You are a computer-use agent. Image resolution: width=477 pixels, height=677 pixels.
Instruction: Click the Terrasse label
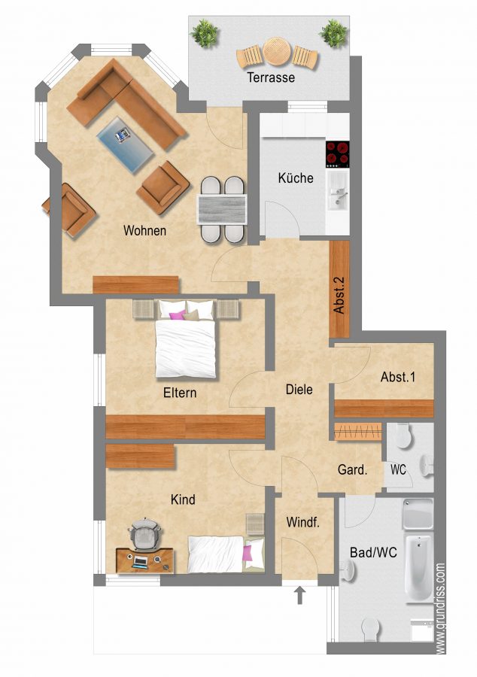pos(271,77)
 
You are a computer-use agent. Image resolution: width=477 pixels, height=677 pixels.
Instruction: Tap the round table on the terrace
pos(276,50)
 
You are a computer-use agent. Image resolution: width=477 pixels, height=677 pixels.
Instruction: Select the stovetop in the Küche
pos(337,154)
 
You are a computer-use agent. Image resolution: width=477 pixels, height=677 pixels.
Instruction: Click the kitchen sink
pos(337,190)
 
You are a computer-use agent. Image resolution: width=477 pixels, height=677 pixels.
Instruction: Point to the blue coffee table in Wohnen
pos(125,144)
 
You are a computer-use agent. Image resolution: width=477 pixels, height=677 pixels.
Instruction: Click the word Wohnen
pos(144,230)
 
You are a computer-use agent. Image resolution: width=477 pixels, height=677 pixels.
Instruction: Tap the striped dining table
pos(222,209)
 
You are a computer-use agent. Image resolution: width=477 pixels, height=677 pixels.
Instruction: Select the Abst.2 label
pos(339,295)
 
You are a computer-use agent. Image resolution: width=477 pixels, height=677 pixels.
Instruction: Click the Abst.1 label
pos(397,377)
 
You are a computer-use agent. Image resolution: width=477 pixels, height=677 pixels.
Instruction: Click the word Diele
pos(299,390)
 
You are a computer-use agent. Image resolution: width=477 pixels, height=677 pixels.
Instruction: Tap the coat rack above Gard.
pos(358,431)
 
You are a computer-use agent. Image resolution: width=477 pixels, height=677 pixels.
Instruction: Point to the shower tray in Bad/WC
pos(418,514)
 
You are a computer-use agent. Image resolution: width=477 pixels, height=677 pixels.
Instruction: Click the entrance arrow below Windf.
pos(300,594)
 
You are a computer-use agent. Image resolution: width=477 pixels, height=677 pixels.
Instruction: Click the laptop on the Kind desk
pos(140,562)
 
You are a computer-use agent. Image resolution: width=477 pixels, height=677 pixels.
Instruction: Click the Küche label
pos(296,178)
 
